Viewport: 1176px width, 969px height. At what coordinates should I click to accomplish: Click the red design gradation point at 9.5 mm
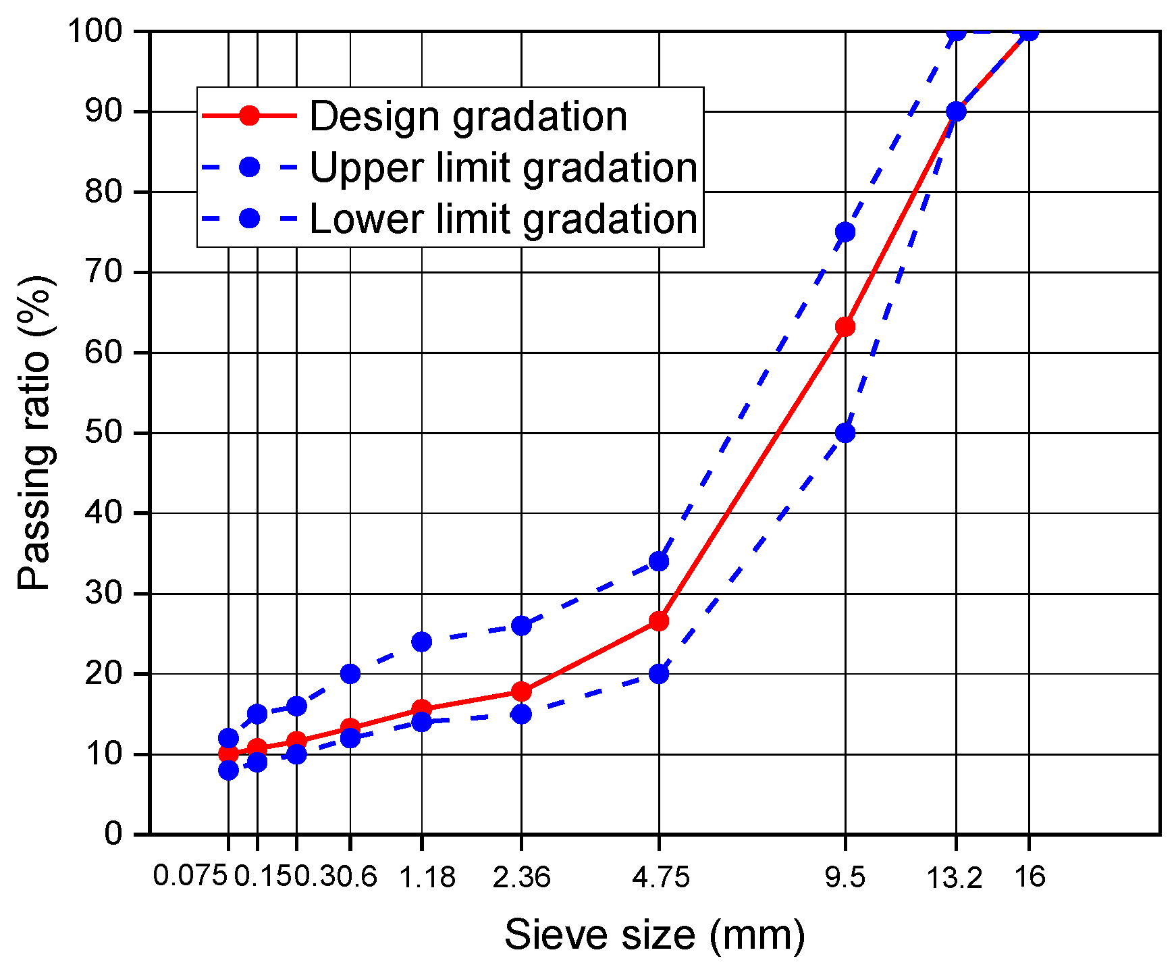point(845,327)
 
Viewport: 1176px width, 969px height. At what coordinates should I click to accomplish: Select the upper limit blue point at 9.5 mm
point(845,232)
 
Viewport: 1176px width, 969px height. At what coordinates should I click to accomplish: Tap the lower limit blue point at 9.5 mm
point(845,432)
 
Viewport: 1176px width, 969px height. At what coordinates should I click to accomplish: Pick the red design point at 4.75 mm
point(659,621)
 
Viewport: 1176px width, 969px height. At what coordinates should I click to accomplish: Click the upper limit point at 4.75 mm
point(659,561)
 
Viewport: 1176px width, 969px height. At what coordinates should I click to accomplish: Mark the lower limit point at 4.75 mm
point(659,673)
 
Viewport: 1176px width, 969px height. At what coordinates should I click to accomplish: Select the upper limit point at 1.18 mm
point(421,641)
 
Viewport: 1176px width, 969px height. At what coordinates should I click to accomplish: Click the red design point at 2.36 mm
point(521,691)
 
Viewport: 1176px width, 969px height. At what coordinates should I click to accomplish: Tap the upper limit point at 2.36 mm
point(521,625)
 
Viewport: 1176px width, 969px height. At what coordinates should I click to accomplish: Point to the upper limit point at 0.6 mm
point(350,673)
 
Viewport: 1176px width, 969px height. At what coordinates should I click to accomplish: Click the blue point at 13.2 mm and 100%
point(956,32)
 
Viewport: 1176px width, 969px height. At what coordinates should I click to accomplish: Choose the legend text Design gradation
point(469,116)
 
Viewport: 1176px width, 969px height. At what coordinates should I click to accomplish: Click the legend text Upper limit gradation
point(504,167)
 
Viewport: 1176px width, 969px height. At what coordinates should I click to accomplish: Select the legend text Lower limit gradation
point(504,219)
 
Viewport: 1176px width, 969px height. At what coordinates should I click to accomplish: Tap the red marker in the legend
point(249,115)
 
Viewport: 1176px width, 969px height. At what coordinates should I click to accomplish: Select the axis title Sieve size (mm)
point(655,935)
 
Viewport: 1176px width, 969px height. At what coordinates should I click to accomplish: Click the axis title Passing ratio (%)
point(35,432)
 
